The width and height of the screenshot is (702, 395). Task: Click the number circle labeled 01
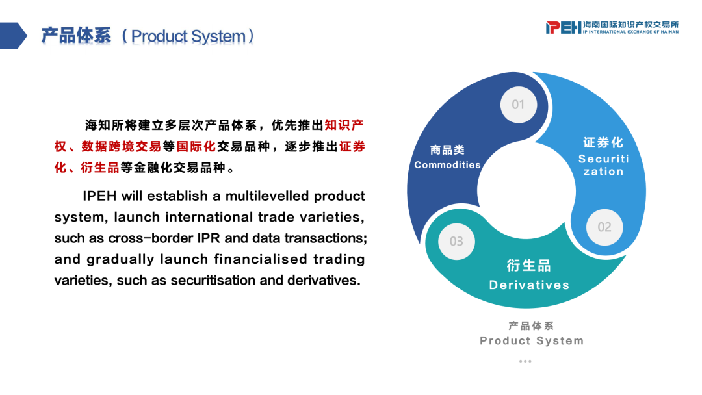[x=519, y=105]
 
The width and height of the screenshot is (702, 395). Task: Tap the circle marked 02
[x=604, y=227]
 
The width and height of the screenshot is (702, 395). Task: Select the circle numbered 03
[x=457, y=242]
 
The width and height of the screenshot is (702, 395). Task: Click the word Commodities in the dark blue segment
[x=447, y=165]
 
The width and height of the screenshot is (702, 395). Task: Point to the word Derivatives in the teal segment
[x=529, y=285]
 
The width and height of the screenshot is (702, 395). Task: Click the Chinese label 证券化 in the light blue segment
[x=603, y=143]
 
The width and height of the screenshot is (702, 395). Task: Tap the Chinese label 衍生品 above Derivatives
[x=528, y=265]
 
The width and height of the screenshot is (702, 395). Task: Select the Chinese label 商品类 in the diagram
[x=447, y=150]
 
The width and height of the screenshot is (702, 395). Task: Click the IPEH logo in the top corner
[x=612, y=28]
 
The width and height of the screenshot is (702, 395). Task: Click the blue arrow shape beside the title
[x=14, y=36]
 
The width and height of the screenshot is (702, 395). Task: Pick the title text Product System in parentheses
[x=188, y=36]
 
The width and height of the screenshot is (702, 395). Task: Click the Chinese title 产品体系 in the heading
[x=76, y=36]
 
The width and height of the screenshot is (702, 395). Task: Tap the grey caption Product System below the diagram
[x=532, y=341]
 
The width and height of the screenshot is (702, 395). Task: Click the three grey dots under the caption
[x=525, y=361]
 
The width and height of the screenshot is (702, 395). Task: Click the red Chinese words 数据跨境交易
[x=122, y=146]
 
